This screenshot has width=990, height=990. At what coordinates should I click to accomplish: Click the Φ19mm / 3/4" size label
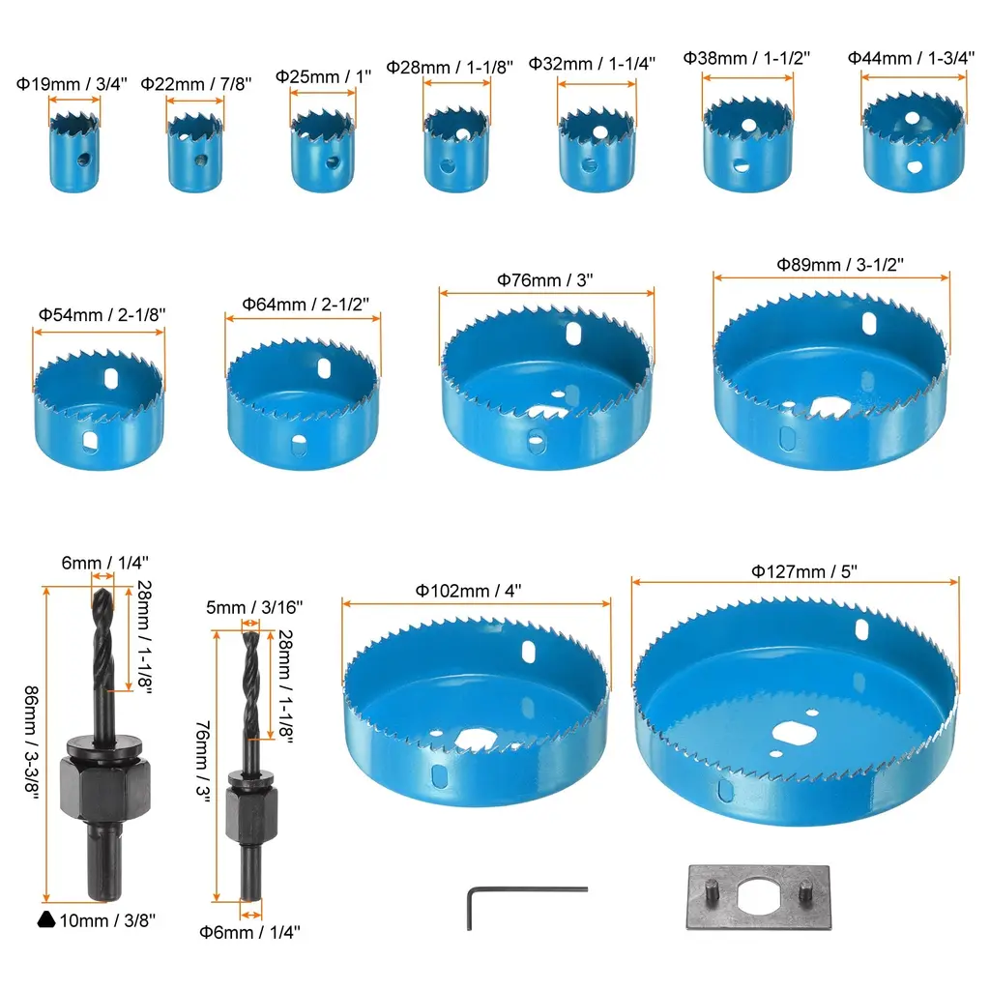click(x=72, y=84)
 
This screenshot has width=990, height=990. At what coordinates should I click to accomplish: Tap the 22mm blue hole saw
click(x=195, y=152)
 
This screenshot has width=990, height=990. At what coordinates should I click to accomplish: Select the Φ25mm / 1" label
click(x=323, y=76)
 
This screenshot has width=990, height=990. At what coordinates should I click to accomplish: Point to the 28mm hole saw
click(x=456, y=149)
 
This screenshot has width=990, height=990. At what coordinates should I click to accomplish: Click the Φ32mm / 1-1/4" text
click(x=592, y=64)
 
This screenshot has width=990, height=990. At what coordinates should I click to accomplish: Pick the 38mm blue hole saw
click(x=747, y=145)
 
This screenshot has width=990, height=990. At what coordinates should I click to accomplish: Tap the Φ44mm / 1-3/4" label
click(x=911, y=58)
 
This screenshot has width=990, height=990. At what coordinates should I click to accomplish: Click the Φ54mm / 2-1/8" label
click(x=102, y=314)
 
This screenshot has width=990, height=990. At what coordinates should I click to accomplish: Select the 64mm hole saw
click(x=303, y=404)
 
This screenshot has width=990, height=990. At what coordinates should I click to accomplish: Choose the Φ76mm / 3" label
click(x=545, y=279)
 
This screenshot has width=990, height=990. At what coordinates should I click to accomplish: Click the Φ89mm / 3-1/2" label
click(x=840, y=265)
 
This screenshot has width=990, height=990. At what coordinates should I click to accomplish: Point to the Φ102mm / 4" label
click(x=469, y=591)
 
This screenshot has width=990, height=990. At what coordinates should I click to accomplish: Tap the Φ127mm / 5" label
click(x=804, y=571)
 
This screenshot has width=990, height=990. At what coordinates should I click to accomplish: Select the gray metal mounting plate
click(x=758, y=897)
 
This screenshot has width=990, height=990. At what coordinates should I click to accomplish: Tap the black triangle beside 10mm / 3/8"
click(x=46, y=920)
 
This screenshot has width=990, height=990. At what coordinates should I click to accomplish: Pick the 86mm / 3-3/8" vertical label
click(x=32, y=743)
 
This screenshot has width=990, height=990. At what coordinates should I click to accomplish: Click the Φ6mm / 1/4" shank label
click(x=249, y=932)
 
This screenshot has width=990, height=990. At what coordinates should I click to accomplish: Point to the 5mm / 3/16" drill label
click(x=254, y=607)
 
